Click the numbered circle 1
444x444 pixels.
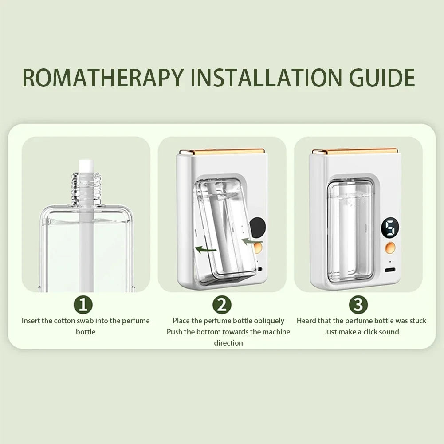[83, 305]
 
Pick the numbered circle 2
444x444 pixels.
[222, 305]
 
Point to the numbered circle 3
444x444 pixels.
[358, 305]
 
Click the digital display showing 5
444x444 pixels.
[390, 227]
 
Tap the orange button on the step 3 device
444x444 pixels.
[390, 248]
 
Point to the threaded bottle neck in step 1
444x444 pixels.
[86, 189]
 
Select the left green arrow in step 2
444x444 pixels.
[206, 249]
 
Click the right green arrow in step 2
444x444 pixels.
[252, 242]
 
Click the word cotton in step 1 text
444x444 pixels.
[65, 321]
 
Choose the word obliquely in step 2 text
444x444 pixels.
[269, 321]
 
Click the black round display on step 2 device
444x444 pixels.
[257, 228]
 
